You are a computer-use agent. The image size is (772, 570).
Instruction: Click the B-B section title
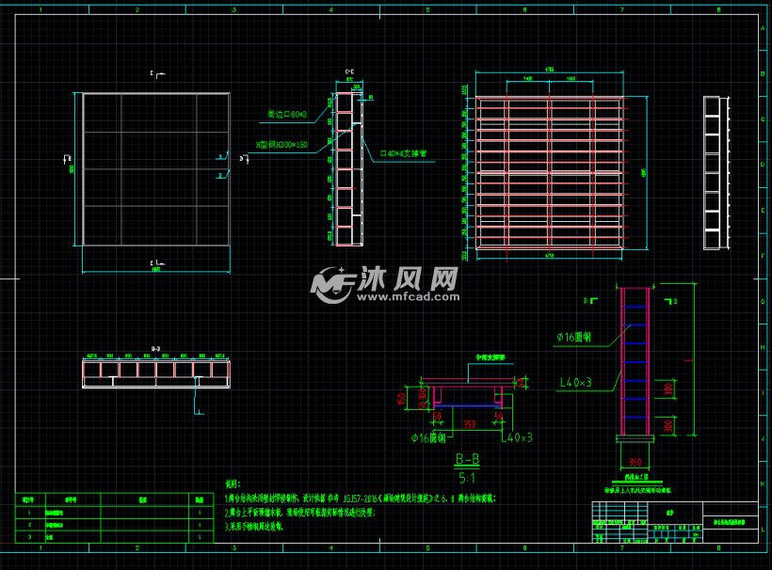click(x=467, y=459)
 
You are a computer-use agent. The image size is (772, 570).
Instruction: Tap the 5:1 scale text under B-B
click(x=467, y=477)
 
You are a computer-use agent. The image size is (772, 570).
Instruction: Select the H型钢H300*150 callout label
click(x=282, y=145)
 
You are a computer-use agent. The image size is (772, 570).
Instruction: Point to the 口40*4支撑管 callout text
click(x=404, y=152)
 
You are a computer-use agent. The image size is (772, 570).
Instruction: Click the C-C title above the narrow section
click(x=350, y=71)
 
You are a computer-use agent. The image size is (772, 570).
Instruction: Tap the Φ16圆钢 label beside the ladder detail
click(x=578, y=337)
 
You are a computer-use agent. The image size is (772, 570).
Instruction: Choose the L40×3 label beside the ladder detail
click(x=576, y=382)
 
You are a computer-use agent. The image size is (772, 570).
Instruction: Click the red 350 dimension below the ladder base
click(x=635, y=462)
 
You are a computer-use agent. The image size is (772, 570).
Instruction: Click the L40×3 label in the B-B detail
click(x=517, y=437)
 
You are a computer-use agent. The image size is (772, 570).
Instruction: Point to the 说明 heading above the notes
click(x=233, y=483)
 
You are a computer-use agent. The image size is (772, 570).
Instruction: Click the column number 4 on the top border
click(x=330, y=10)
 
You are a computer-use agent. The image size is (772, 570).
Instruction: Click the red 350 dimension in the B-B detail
click(x=468, y=424)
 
